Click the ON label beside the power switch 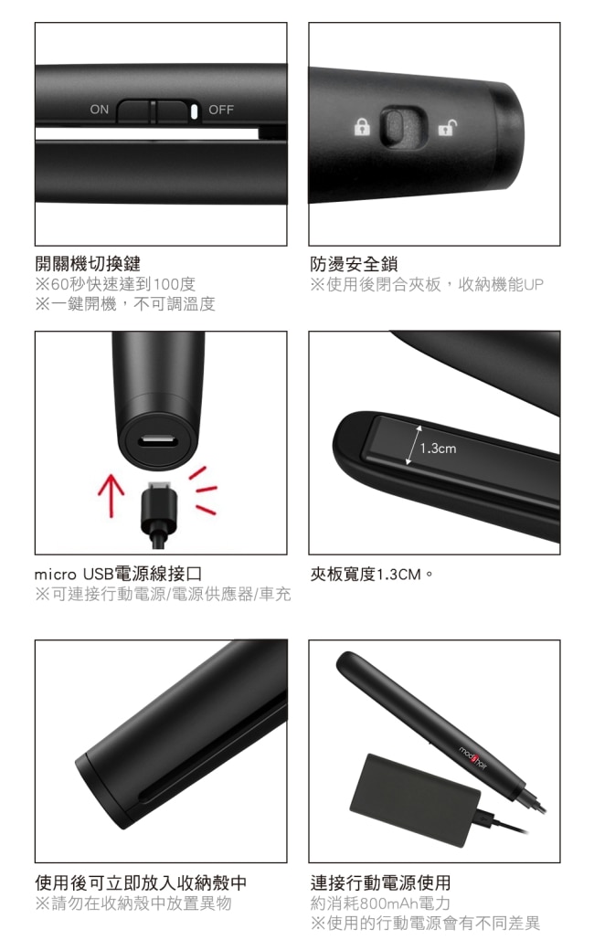(x=100, y=109)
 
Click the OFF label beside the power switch (x=221, y=110)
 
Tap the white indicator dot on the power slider (x=194, y=111)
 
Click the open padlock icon (x=447, y=127)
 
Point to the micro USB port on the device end (x=158, y=443)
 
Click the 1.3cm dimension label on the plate (x=438, y=449)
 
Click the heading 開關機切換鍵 (x=88, y=263)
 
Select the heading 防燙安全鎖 (x=354, y=264)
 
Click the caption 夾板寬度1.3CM (x=371, y=575)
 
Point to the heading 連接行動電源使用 (x=380, y=882)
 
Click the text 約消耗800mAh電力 (x=380, y=903)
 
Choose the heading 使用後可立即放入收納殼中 (x=141, y=882)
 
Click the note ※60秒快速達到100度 (x=115, y=283)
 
